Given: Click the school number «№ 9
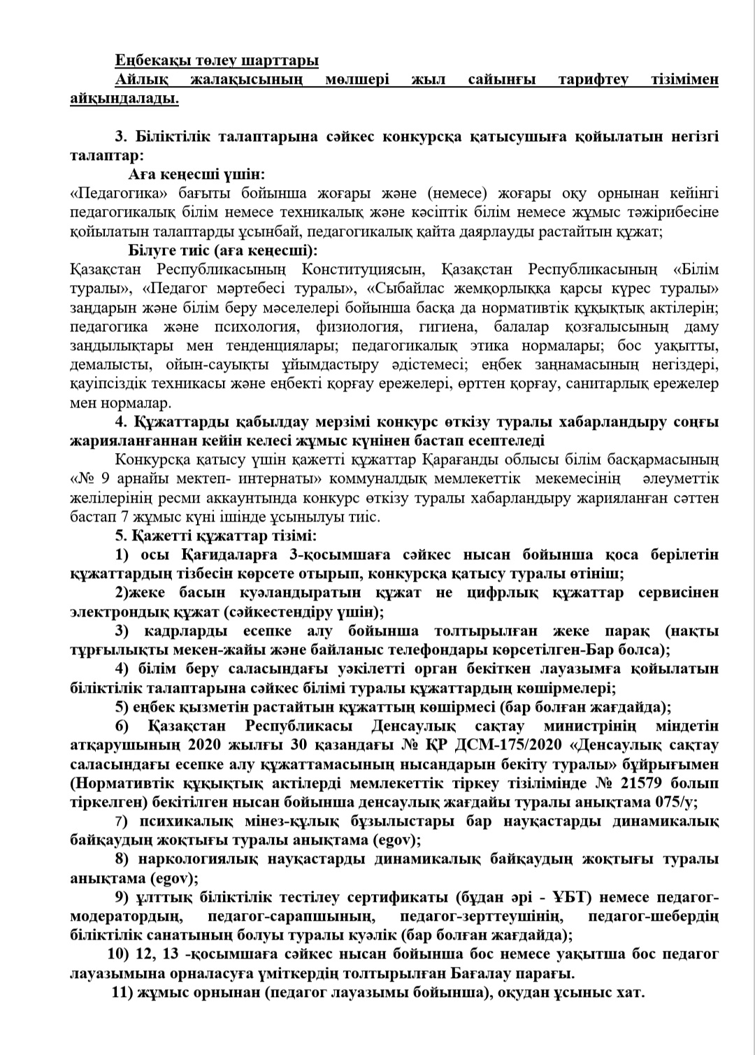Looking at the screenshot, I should [86, 479].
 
